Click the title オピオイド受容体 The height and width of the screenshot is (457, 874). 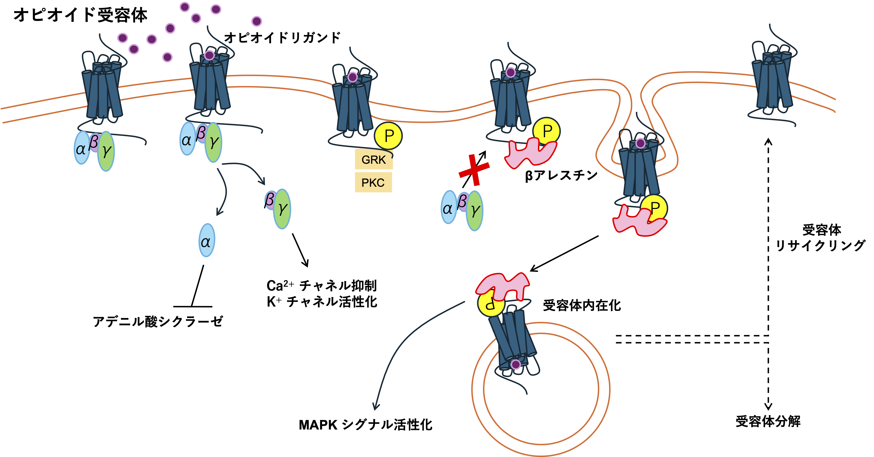[80, 15]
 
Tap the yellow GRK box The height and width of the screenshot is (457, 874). [374, 159]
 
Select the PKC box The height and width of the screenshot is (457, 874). [373, 183]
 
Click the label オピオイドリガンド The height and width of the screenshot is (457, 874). [282, 38]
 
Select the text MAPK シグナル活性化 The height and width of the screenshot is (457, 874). [365, 425]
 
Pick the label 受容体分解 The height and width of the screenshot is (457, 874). [768, 422]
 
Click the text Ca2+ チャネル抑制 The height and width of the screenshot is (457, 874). [321, 286]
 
